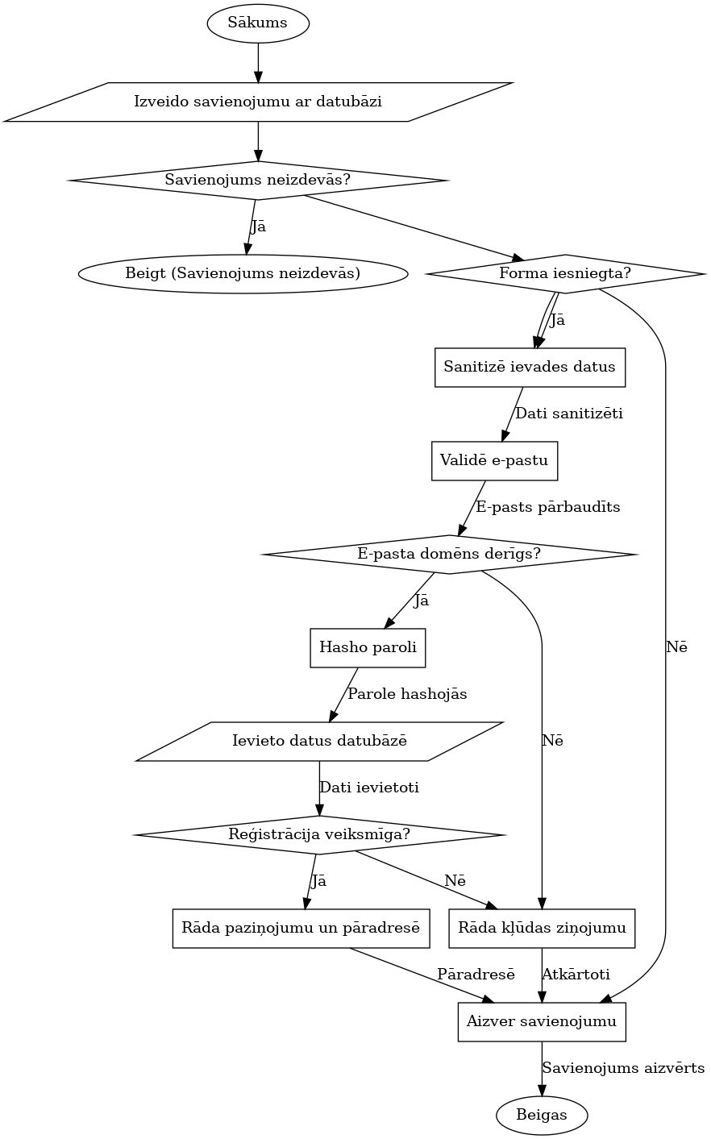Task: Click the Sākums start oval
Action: click(258, 23)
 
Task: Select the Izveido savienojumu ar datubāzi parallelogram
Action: click(258, 102)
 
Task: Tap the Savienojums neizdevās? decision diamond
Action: click(258, 180)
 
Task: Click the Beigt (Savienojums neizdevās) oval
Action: click(243, 273)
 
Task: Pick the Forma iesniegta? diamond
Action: click(565, 273)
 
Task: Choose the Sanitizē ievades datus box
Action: click(530, 367)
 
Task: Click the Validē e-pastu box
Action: click(494, 460)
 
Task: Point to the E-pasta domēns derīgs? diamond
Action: click(449, 554)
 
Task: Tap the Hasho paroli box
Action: click(368, 647)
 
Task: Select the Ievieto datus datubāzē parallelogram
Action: click(320, 741)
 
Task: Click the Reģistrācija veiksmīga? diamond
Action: click(320, 834)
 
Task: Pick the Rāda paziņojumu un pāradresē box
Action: click(301, 928)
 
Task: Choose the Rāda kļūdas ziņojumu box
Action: click(543, 928)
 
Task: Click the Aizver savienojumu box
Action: click(542, 1021)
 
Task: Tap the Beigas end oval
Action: click(542, 1116)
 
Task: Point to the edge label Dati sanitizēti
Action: click(569, 414)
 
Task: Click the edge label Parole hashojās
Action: click(407, 694)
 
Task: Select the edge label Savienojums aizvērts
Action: click(623, 1069)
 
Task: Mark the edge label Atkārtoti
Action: click(576, 975)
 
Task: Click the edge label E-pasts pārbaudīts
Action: click(548, 508)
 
